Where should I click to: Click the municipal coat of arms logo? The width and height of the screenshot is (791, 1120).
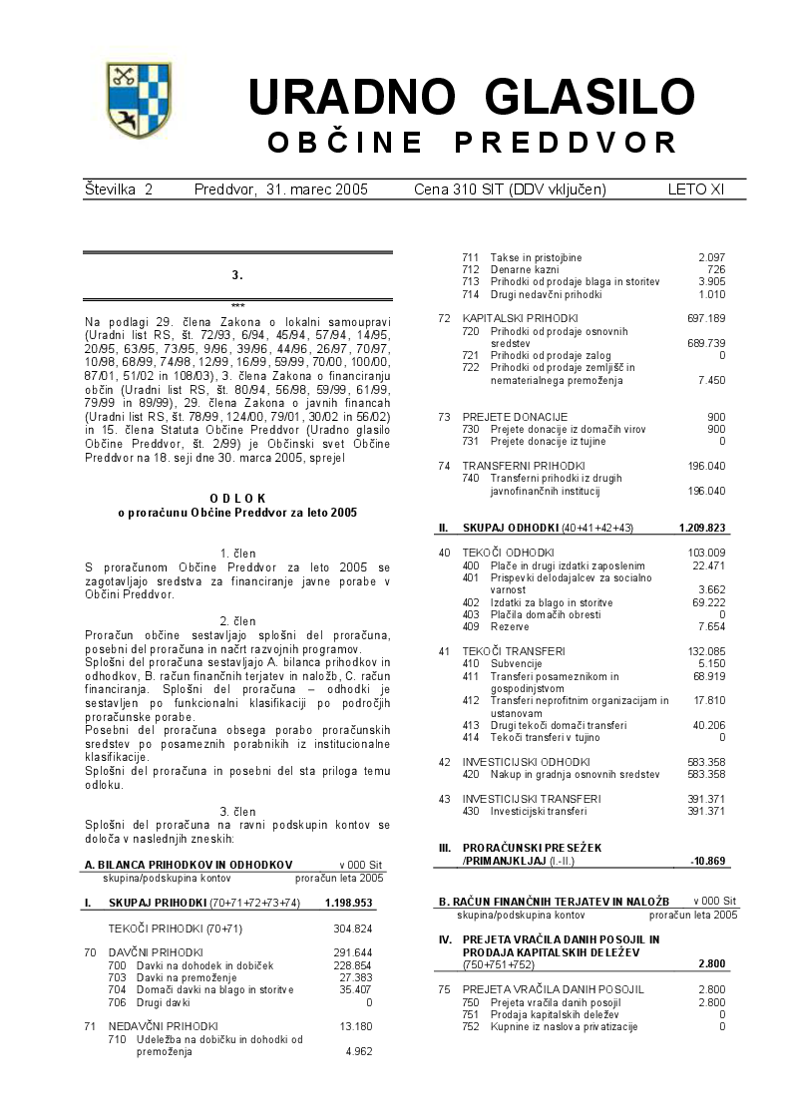(139, 102)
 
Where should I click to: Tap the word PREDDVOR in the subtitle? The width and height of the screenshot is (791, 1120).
(566, 143)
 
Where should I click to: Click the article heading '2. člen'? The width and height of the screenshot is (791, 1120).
(237, 621)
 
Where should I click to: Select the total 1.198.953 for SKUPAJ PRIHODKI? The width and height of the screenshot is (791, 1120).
(348, 904)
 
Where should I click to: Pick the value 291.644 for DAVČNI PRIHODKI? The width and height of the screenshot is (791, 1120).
(352, 952)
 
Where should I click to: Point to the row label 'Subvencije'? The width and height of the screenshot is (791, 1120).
(516, 662)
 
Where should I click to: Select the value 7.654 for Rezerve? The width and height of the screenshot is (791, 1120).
(710, 627)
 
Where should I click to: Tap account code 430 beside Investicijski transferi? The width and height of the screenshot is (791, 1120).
(471, 811)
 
